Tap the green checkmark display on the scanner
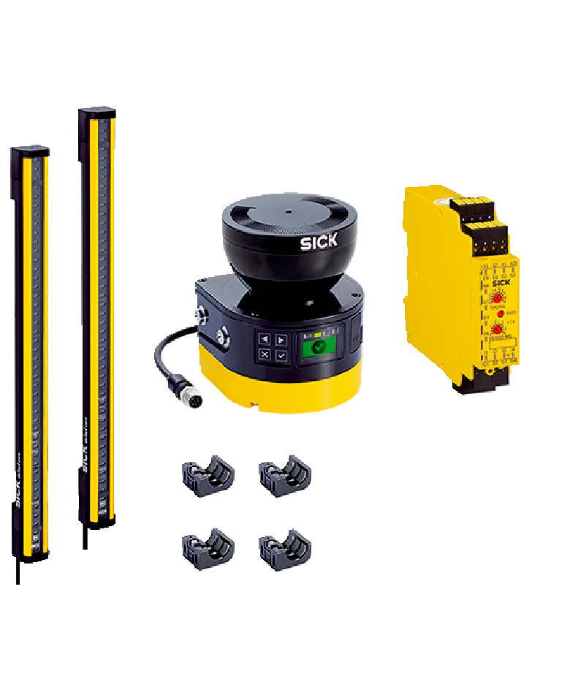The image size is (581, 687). (x=317, y=348)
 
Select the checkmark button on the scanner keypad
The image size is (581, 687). (x=281, y=355)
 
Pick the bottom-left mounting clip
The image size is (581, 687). (x=208, y=549)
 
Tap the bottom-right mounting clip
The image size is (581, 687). (x=285, y=549)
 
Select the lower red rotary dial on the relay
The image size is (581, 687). (x=498, y=330)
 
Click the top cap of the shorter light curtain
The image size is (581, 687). (x=30, y=151)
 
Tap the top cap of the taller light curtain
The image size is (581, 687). (x=97, y=113)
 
